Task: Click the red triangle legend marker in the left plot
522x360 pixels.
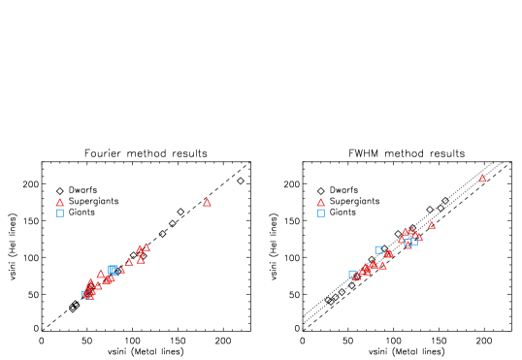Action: click(x=60, y=203)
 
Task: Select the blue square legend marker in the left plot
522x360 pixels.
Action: click(x=60, y=213)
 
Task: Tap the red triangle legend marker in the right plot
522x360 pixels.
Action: click(x=321, y=203)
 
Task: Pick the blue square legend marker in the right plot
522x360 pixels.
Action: click(x=321, y=213)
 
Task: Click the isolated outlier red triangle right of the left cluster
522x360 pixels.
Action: click(x=207, y=203)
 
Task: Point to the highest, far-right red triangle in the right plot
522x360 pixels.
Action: click(x=482, y=179)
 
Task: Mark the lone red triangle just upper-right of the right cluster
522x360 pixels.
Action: click(x=432, y=225)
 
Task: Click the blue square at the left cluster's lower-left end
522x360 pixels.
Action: click(x=86, y=294)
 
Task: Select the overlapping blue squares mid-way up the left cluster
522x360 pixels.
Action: click(x=114, y=270)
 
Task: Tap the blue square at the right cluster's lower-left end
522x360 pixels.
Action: click(x=352, y=274)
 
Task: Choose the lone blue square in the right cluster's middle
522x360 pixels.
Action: click(x=378, y=249)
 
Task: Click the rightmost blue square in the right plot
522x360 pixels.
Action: click(x=414, y=240)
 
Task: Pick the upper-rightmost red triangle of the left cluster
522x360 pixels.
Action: click(x=147, y=247)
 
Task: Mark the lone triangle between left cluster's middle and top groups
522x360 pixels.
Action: click(x=129, y=261)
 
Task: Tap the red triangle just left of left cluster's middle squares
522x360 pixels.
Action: click(x=101, y=274)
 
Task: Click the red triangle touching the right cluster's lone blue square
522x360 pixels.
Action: click(x=388, y=253)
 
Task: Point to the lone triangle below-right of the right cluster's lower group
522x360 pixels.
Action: click(x=383, y=266)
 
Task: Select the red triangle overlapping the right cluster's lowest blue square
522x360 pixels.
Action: click(x=357, y=277)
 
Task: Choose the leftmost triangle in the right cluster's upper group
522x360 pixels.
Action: click(x=401, y=239)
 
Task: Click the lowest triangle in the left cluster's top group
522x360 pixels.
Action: click(x=141, y=260)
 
